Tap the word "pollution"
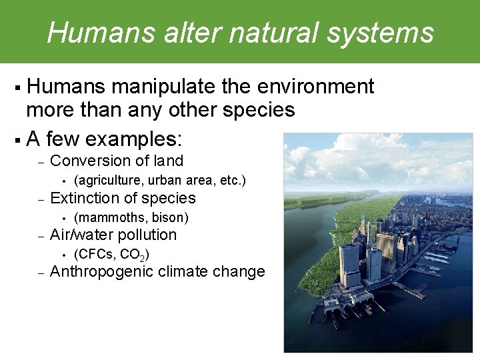pos(147,235)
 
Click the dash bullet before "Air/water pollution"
pos(40,235)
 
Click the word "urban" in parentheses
pos(163,180)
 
